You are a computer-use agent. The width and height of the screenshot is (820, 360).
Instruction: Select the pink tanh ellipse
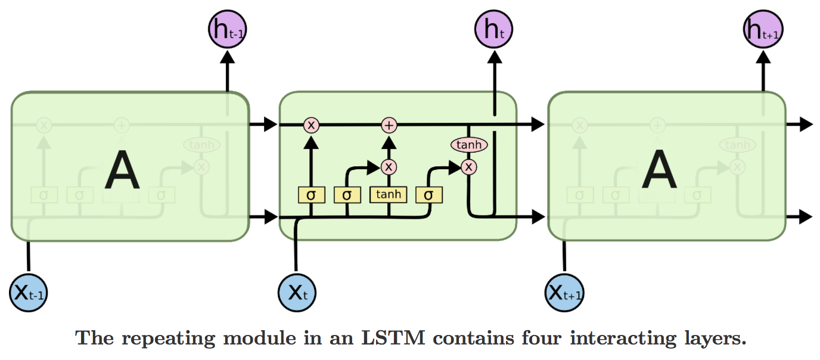click(x=469, y=144)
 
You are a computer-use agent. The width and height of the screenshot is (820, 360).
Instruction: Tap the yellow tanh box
click(x=388, y=194)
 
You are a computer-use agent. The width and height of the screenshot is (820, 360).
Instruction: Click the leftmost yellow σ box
click(x=310, y=194)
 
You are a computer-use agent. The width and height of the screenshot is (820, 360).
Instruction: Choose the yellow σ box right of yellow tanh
click(x=428, y=194)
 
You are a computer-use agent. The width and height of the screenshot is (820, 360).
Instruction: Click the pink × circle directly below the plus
click(x=389, y=166)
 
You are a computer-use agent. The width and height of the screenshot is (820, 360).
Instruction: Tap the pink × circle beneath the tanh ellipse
click(x=470, y=167)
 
